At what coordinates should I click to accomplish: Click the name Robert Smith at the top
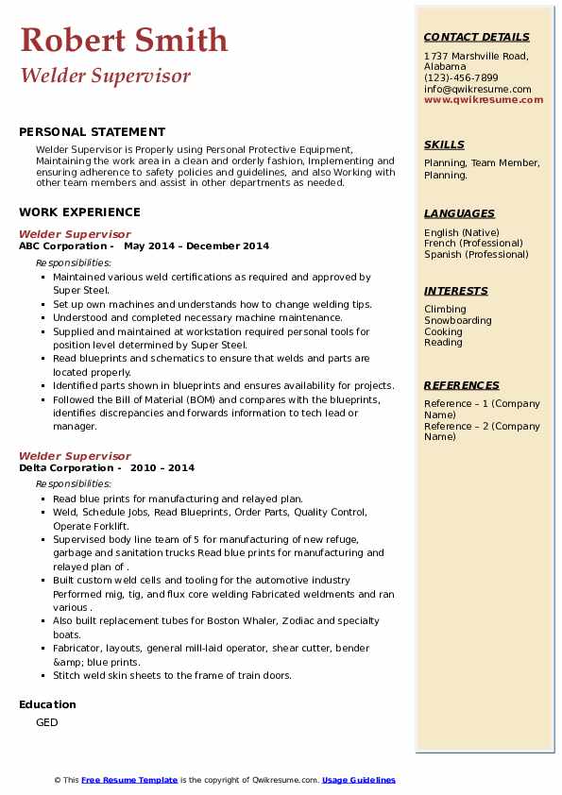coord(124,40)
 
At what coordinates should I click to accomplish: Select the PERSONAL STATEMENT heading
coord(92,132)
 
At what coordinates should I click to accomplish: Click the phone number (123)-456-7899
coord(461,78)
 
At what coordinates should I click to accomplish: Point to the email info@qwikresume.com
coord(477,90)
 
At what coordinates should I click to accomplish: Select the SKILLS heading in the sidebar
coord(444,144)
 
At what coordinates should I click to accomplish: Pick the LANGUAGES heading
coord(459,213)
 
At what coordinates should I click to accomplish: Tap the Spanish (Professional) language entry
coord(476,255)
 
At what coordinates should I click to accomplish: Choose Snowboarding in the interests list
coord(457,321)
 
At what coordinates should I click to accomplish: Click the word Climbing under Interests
coord(445,310)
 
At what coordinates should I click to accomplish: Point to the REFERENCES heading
coord(461,385)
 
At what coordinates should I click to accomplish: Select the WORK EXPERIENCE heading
coord(79,212)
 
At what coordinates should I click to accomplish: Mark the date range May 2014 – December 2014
coord(196,246)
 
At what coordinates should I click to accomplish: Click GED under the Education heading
coord(47,722)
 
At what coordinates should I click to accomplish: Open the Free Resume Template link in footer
coord(129,780)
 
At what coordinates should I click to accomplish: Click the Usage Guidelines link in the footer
coord(358,780)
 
